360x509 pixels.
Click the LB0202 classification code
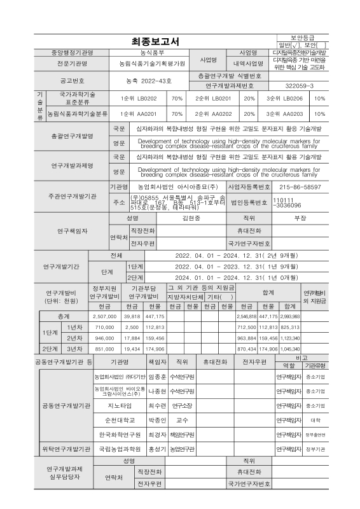coord(134,99)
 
